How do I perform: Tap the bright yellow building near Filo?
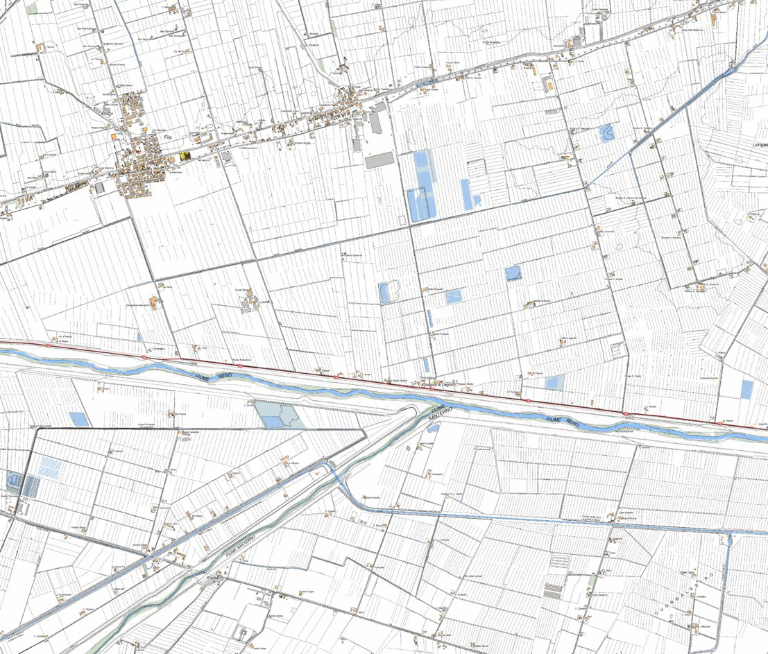point(185,156)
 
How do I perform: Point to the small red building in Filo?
point(137,147)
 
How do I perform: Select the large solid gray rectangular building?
point(379,160)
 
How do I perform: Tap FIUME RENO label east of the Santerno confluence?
point(563,421)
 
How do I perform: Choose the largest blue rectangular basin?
point(422,186)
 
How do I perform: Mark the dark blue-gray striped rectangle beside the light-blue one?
point(31,485)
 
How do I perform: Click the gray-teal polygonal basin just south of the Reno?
point(276,414)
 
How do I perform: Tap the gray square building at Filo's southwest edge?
point(100,187)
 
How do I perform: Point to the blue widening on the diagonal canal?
point(730,71)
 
